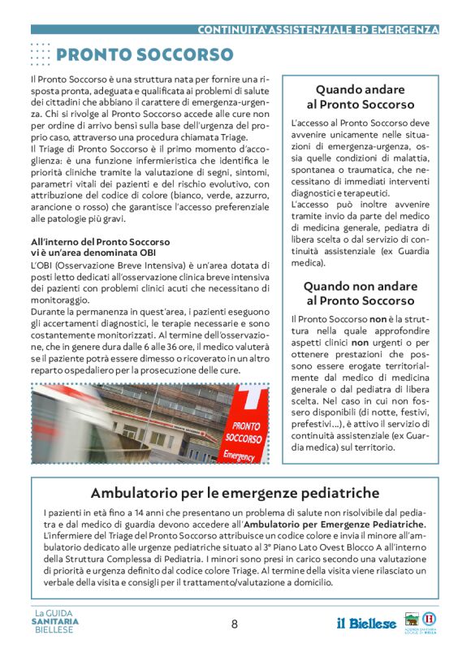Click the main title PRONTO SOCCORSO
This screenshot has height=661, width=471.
point(145,55)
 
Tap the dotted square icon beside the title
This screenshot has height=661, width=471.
point(40,54)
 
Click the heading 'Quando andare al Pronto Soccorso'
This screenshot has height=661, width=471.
point(360,97)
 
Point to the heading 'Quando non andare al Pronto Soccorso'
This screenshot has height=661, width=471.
point(360,293)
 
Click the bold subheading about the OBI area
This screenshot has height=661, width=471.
point(100,247)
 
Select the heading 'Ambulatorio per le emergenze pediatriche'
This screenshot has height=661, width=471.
point(235,493)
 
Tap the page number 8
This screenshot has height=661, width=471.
point(235,624)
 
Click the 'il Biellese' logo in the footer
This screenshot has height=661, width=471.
point(367,624)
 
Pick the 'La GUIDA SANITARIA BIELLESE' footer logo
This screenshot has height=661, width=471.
point(56,622)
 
